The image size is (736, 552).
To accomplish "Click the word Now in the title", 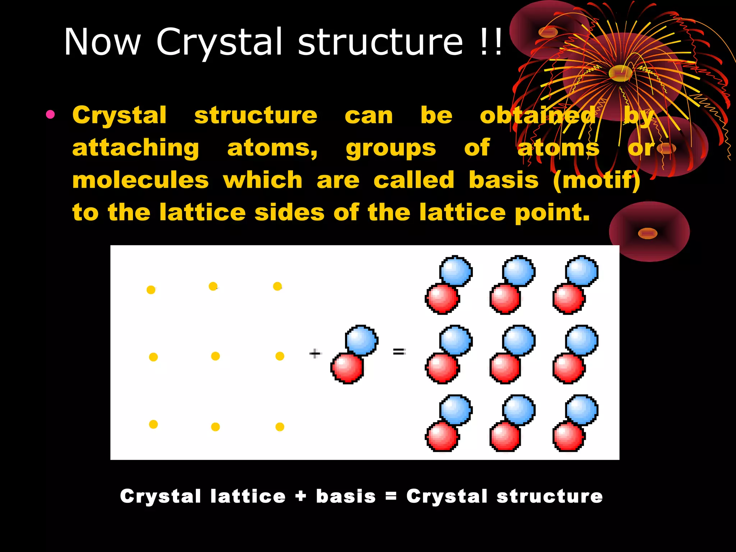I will coord(102,42).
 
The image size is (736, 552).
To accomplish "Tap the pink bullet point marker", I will coord(50,115).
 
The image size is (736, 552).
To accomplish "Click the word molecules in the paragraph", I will coord(141,180).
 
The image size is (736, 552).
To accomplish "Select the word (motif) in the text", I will coord(597,180).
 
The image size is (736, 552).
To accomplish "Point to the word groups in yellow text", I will coord(391,148).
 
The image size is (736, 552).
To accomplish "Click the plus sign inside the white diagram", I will coord(314,354).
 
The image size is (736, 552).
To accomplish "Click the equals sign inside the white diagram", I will coord(399,351).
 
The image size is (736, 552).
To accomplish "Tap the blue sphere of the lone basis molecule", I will coord(362,340).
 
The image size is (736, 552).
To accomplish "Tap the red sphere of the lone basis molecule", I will coord(347,368).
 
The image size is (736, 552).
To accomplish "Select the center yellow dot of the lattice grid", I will coord(215,356).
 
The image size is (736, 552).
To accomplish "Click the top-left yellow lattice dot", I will coord(151,290).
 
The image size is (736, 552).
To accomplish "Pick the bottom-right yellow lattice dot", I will coord(280,427).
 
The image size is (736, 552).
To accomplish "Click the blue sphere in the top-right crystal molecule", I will coord(581,271).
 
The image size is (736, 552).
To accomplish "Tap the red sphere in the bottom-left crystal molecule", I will coord(442,436).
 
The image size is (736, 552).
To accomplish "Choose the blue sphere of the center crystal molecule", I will coord(519,340).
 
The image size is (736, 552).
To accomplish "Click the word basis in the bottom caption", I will coord(346,496).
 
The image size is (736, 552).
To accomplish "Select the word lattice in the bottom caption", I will coord(248,496).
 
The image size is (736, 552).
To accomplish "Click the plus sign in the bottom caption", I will coord(301,497).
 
